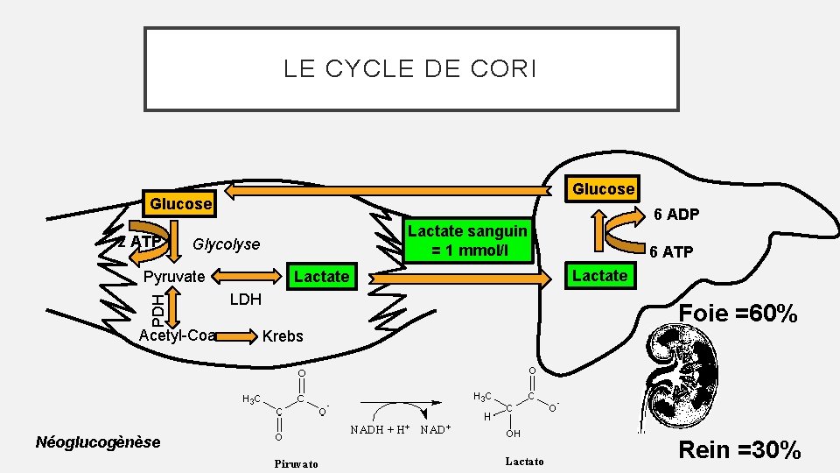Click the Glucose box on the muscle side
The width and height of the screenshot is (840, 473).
coord(181,204)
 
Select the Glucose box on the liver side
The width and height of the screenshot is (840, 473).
coord(603,188)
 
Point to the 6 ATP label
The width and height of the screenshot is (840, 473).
coord(670,252)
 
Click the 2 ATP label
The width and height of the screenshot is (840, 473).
coord(140,242)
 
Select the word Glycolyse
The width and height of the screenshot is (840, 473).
coord(226,244)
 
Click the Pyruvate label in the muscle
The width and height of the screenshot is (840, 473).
coord(173,277)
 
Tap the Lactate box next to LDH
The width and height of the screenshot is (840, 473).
coord(321,277)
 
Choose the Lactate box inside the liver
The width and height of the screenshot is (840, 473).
coord(599,276)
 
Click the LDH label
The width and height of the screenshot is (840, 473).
coord(245,300)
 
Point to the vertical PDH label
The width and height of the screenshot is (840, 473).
coord(156,306)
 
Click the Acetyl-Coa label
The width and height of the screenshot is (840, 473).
coord(178,335)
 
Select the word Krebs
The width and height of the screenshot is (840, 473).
coord(283,336)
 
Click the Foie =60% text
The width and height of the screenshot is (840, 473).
coord(738,313)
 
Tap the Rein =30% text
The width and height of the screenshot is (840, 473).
coord(739,450)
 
